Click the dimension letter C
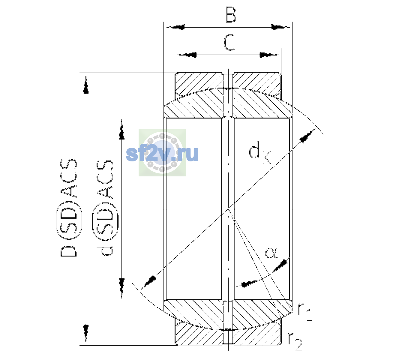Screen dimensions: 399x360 coord(229,42)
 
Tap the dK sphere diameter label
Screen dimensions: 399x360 coord(260,152)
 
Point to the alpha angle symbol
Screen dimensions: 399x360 coord(271,253)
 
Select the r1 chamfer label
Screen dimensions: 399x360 coord(305,312)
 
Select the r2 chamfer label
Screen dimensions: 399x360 coord(295,342)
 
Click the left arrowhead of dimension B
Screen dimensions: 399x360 coord(175,27)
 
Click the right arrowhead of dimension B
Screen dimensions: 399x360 coord(281,27)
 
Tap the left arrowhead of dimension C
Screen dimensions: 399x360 coord(186,55)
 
